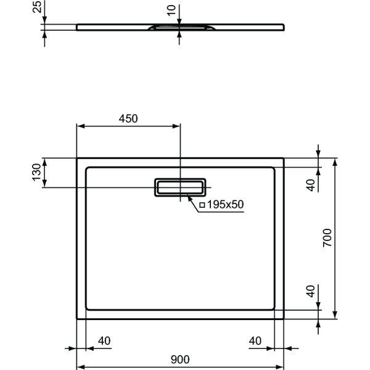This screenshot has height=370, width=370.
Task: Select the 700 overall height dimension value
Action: coord(327,237)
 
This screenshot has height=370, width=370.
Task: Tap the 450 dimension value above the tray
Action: coord(128,118)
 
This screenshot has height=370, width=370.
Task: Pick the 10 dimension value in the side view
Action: coord(172,10)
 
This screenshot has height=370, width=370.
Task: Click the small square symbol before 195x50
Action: coord(202,205)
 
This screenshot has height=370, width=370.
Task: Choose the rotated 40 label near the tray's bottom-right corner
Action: coord(311,292)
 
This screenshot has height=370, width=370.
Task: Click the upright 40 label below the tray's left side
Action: coord(104,340)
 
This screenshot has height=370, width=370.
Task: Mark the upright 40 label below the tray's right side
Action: coord(256,340)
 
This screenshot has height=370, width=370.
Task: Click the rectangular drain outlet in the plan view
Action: coord(179,186)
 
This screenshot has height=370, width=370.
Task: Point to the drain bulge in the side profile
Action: coord(179,28)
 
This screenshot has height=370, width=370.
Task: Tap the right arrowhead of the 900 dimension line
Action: coord(281,367)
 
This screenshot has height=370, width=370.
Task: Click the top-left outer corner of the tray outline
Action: coord(76,158)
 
